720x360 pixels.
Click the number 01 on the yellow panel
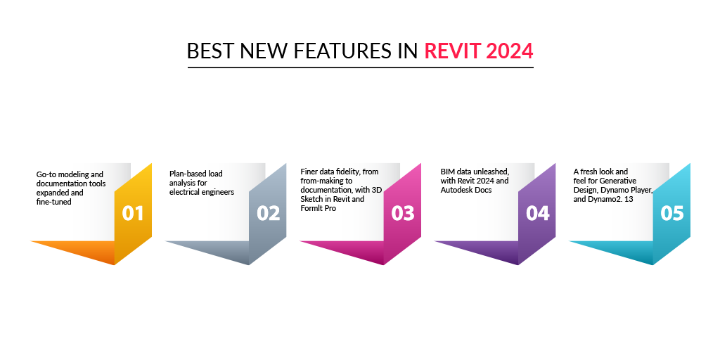[x=133, y=214]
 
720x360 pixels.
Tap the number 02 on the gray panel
[x=268, y=214]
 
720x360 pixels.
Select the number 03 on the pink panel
[x=403, y=214]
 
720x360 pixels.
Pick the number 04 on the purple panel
[x=538, y=214]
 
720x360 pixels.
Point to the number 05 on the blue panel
[x=672, y=214]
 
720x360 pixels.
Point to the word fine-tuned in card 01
[x=53, y=202]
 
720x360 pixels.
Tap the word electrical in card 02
[x=184, y=192]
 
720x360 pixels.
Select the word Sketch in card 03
[x=311, y=199]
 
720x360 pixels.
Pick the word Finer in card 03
[x=309, y=172]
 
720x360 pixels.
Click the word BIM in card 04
[x=447, y=172]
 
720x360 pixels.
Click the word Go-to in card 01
[x=45, y=174]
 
